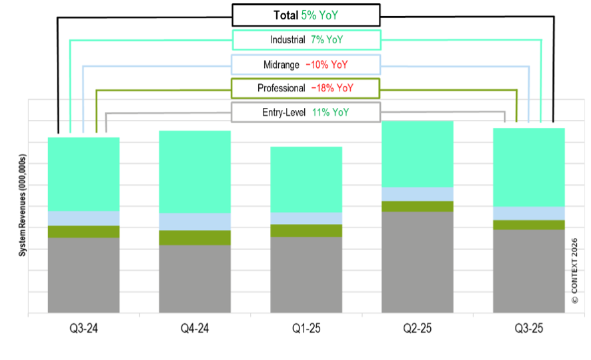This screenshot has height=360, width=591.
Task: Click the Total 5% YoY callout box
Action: coord(306,15)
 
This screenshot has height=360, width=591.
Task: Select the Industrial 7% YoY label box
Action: coord(306,40)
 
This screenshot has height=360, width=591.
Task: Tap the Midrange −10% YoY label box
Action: coord(306,65)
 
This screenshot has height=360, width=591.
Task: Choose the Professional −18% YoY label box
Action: coord(306,88)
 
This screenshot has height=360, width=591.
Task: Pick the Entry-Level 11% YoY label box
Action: coord(306,112)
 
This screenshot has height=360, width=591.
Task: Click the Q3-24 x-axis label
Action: coord(84,329)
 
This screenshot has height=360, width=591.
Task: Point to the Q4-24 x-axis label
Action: coord(195,329)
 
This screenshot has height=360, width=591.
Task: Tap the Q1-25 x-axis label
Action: coord(306,329)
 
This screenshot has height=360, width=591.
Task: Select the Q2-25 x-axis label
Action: coord(418,329)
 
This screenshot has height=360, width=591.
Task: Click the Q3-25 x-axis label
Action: coord(528,329)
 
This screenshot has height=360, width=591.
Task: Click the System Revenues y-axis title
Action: coord(22,205)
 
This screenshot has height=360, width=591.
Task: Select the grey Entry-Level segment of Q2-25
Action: coord(418,261)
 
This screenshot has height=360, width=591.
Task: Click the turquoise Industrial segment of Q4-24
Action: coord(195,171)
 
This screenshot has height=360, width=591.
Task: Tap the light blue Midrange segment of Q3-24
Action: coord(84,218)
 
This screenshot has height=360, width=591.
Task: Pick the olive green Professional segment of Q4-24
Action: coord(195,237)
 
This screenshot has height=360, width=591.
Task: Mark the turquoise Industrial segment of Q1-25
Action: coord(306,179)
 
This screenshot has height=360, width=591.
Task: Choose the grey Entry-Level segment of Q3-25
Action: coord(528,271)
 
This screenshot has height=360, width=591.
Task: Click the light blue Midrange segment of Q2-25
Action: coord(418,194)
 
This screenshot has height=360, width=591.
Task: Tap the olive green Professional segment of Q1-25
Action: coord(306,231)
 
